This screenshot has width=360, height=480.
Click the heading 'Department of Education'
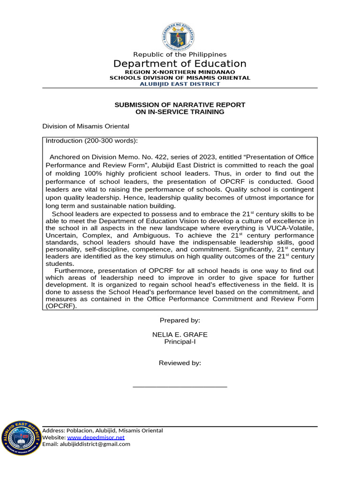(180, 64)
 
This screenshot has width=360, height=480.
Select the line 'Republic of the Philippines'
(180, 54)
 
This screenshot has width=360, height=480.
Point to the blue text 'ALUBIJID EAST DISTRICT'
(180, 84)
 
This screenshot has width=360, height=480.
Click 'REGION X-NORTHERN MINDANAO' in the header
(180, 72)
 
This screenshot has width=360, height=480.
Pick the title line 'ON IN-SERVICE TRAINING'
(180, 112)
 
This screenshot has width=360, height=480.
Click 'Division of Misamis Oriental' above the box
(86, 126)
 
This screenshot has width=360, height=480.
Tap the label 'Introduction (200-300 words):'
(91, 141)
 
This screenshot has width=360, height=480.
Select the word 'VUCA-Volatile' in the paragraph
(292, 228)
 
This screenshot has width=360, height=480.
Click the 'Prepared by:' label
(180, 320)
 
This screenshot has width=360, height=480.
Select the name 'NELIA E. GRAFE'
(180, 335)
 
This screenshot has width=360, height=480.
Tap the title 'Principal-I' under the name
(180, 342)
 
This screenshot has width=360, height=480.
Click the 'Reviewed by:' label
(180, 363)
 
